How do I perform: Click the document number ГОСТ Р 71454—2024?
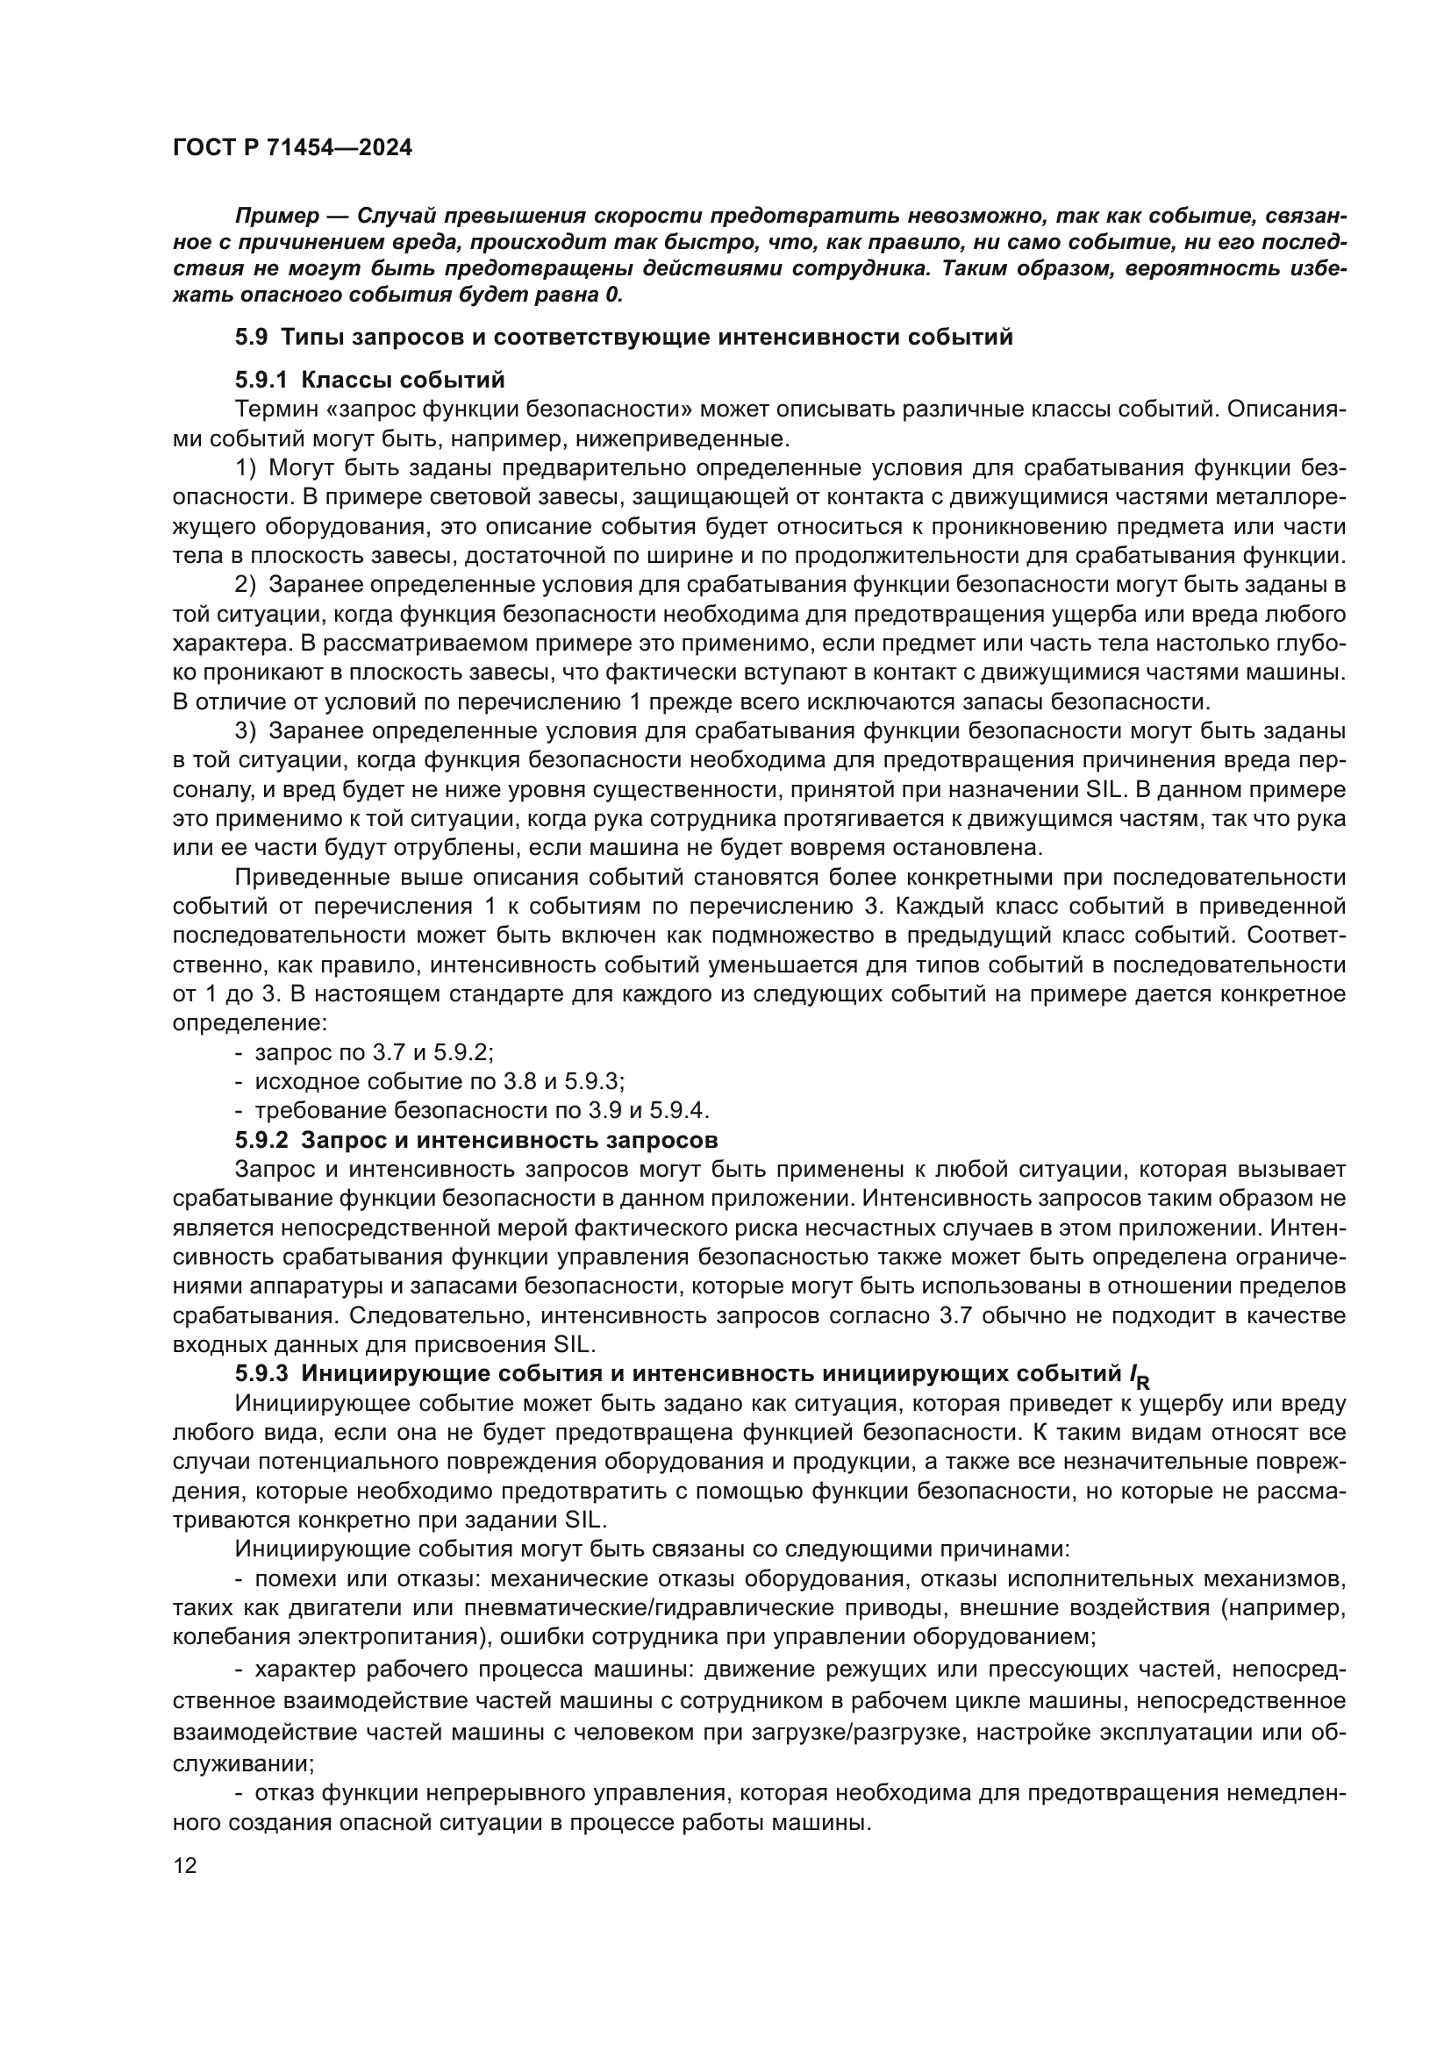[292, 148]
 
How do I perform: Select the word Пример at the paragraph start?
[276, 217]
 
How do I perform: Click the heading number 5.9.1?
[261, 381]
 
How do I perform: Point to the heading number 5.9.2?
[261, 1140]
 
